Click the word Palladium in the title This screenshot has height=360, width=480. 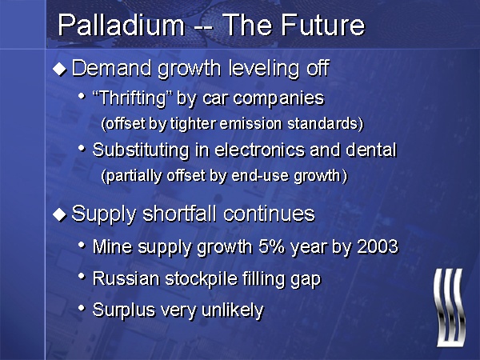[x=122, y=25]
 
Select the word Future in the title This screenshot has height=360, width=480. [x=322, y=25]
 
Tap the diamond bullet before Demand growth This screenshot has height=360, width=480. [x=59, y=69]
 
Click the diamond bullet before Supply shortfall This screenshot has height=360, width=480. [x=59, y=214]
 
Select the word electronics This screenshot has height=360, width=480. [x=259, y=150]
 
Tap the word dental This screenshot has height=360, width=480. [x=371, y=150]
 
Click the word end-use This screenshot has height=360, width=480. [x=260, y=176]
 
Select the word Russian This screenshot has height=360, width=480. [x=126, y=279]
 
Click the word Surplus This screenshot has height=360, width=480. [x=124, y=310]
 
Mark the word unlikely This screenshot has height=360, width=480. [x=233, y=310]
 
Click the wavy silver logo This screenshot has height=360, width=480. [x=450, y=307]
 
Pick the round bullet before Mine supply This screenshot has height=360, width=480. [x=82, y=246]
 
